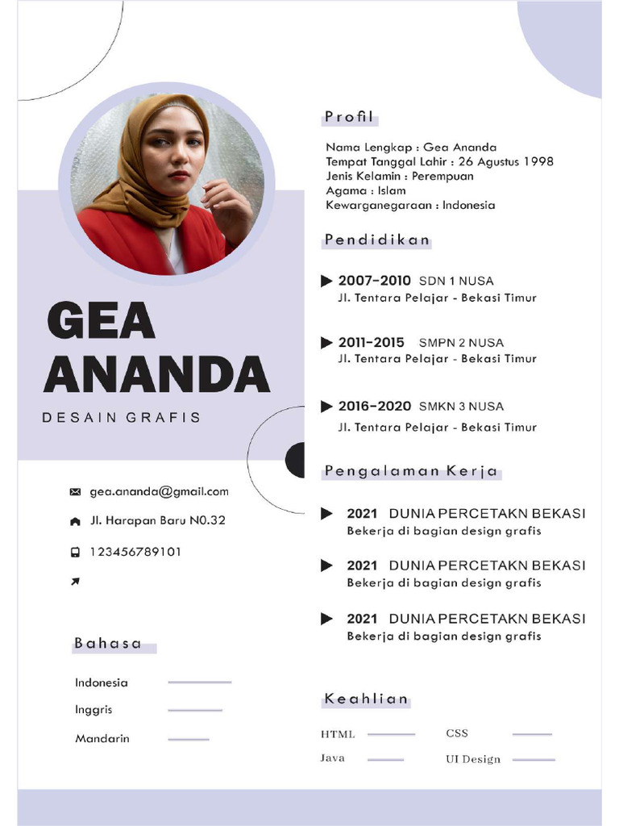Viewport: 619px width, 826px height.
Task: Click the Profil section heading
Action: click(349, 118)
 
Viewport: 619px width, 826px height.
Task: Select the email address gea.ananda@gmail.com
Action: click(159, 491)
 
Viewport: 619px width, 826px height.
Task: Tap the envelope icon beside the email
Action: click(76, 492)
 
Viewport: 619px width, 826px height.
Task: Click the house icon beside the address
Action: click(76, 522)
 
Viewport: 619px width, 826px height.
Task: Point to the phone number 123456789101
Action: click(135, 552)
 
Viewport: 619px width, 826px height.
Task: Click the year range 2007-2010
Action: click(374, 281)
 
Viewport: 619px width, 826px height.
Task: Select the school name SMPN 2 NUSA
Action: click(461, 343)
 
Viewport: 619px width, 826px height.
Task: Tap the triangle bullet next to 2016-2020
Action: click(326, 407)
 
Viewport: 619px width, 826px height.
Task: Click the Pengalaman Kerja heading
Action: click(411, 472)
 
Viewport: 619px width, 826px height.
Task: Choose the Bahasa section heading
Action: click(108, 644)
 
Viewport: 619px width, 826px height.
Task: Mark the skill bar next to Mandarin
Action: click(189, 739)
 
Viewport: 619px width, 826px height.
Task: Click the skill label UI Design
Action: click(472, 759)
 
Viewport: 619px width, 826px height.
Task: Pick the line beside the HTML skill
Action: click(391, 734)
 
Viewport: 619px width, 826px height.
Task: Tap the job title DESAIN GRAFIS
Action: click(121, 418)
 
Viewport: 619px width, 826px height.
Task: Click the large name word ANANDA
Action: click(156, 374)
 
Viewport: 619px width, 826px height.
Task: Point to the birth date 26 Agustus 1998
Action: click(505, 161)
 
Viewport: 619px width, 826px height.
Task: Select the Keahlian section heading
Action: click(366, 699)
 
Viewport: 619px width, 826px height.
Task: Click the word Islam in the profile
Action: click(392, 190)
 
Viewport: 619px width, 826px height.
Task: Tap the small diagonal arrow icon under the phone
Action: click(75, 582)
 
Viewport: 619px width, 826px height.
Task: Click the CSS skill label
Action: click(457, 733)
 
